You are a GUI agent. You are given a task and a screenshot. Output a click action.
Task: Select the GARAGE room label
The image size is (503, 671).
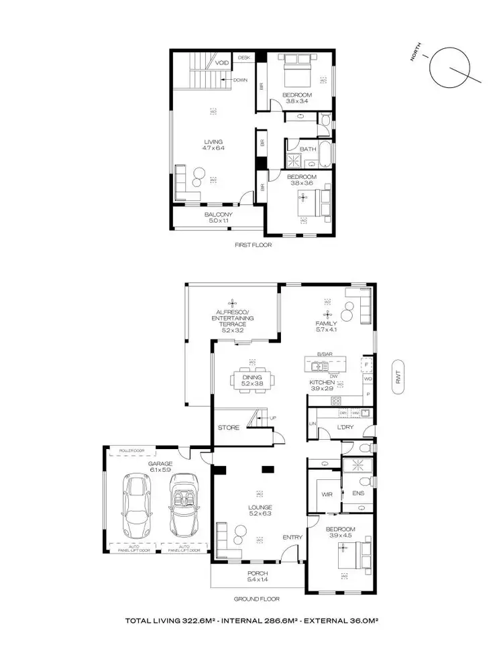tap(161, 463)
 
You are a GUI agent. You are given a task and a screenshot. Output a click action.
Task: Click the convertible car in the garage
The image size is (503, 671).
tap(184, 504)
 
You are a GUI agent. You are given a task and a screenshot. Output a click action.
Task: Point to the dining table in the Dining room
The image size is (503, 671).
tap(252, 379)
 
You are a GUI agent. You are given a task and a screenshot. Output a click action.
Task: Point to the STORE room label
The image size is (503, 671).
tap(228, 427)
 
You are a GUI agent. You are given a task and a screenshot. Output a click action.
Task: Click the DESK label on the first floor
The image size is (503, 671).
tap(243, 58)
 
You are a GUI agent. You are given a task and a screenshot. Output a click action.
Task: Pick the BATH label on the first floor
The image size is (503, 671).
tap(308, 149)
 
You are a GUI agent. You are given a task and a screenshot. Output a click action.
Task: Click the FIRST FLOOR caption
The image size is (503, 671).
tap(251, 245)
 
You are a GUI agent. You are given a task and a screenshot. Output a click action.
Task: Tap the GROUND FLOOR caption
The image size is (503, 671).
tap(257, 599)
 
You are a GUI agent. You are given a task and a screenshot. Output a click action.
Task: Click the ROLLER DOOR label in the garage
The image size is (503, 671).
tap(131, 450)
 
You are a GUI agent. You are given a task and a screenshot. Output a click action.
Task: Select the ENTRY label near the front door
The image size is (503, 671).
tap(292, 537)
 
